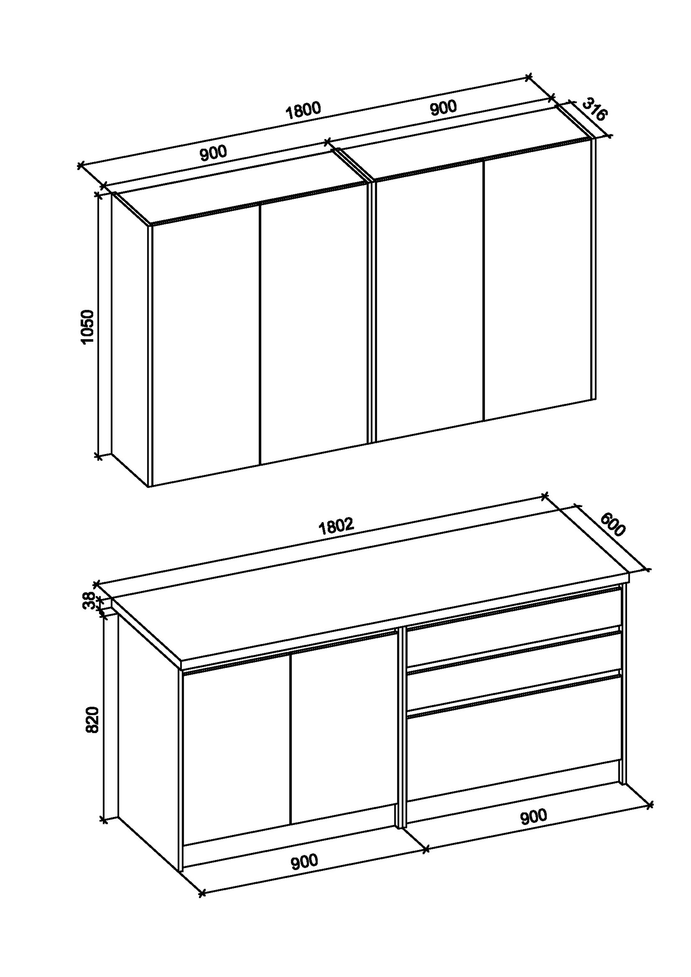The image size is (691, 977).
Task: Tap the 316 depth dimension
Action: tap(594, 110)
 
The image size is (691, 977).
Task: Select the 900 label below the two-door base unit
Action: tap(304, 861)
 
